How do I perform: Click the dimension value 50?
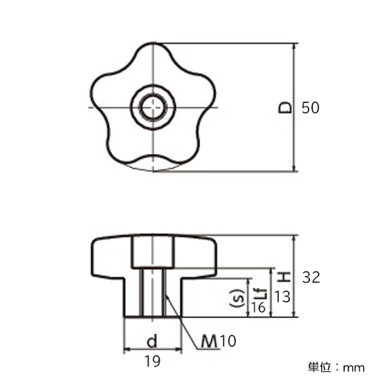click(x=310, y=107)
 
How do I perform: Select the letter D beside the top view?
click(x=285, y=107)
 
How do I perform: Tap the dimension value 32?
click(x=311, y=278)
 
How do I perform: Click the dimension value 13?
click(x=282, y=297)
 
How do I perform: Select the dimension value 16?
click(x=258, y=307)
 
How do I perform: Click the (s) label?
click(x=238, y=298)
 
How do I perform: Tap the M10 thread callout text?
click(x=219, y=341)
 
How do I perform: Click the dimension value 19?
click(x=152, y=361)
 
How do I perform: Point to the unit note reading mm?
click(x=354, y=368)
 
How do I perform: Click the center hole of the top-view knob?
click(x=153, y=107)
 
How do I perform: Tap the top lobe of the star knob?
click(x=153, y=52)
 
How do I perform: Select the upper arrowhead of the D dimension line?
click(x=294, y=47)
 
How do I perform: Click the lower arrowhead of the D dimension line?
click(x=294, y=167)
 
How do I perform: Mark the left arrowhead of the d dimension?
click(x=127, y=350)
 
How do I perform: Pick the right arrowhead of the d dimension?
click(x=178, y=350)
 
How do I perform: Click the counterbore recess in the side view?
click(x=152, y=253)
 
